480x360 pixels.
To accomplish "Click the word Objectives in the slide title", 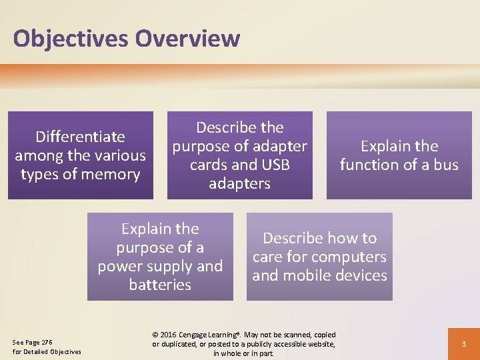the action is [x=71, y=39].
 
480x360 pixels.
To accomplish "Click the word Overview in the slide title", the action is [x=187, y=39].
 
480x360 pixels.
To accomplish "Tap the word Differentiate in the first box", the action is [x=80, y=137].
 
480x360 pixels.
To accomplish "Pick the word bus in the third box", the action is [x=446, y=165].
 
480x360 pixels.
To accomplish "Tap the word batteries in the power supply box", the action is [x=160, y=285].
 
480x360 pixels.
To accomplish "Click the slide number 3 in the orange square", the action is [x=463, y=343].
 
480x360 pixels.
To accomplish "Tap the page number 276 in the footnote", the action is [x=47, y=342].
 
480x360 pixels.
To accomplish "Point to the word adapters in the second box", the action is [x=239, y=183].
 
